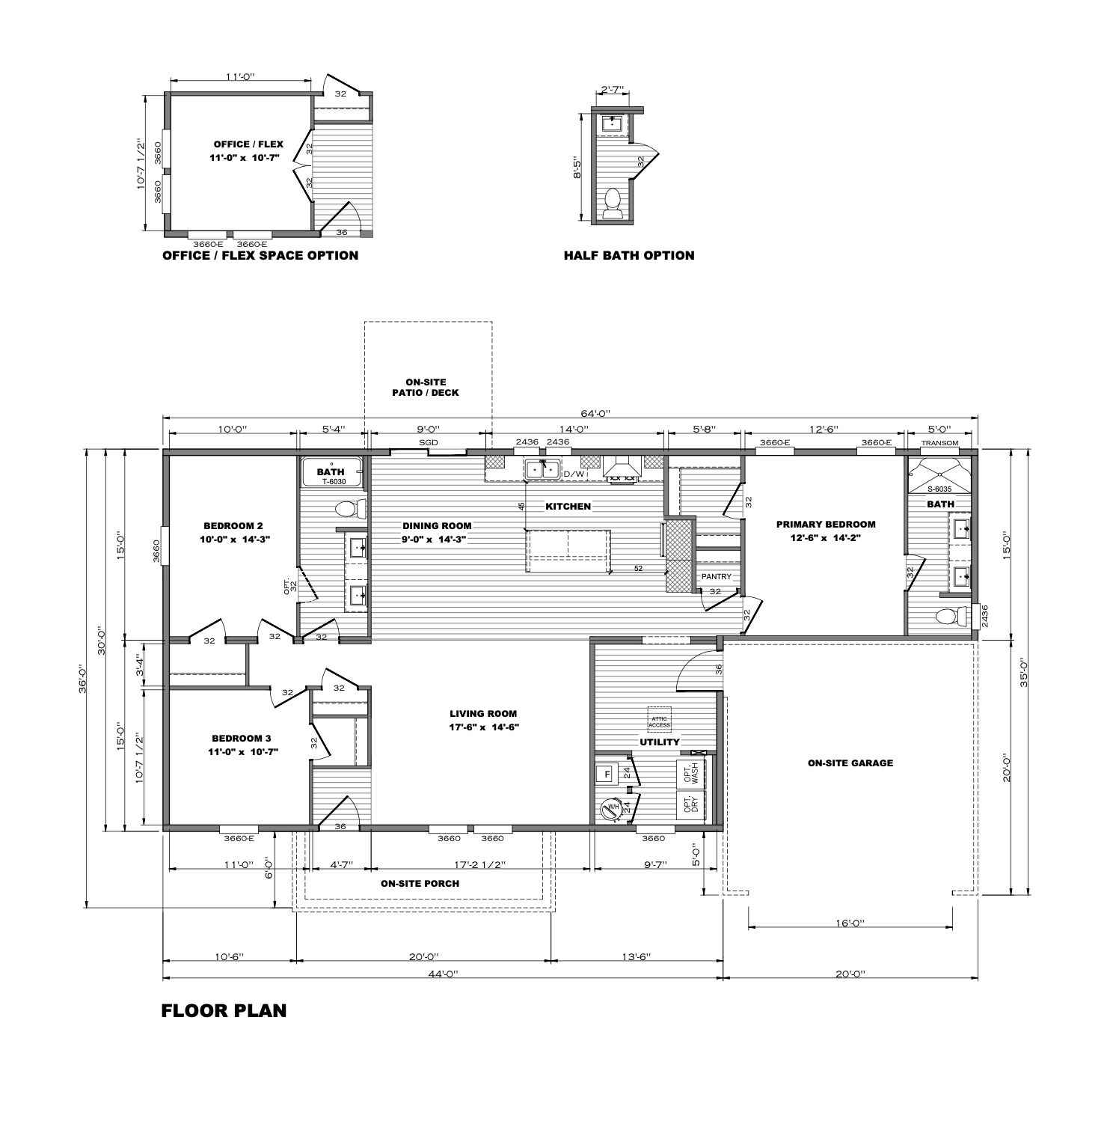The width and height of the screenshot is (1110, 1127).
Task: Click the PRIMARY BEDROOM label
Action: (x=825, y=525)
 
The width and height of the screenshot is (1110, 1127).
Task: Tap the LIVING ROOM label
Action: (x=483, y=714)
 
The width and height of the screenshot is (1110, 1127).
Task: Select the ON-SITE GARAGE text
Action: (x=850, y=763)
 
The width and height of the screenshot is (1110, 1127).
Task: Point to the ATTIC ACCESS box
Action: (x=659, y=720)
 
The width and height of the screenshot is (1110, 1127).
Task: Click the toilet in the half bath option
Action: (x=613, y=204)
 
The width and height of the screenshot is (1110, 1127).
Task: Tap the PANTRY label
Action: (x=716, y=576)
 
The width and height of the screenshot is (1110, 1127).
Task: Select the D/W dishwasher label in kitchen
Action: (x=574, y=474)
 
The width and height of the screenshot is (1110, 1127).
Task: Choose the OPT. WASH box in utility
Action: (x=690, y=774)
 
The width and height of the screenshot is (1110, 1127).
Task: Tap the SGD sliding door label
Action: (x=429, y=443)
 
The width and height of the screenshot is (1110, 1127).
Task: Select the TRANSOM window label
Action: (x=939, y=443)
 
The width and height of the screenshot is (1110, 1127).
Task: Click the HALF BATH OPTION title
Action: (x=629, y=256)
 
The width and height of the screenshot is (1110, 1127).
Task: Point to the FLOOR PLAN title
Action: (x=224, y=1011)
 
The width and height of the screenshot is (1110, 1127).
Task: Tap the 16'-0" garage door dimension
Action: (x=850, y=923)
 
